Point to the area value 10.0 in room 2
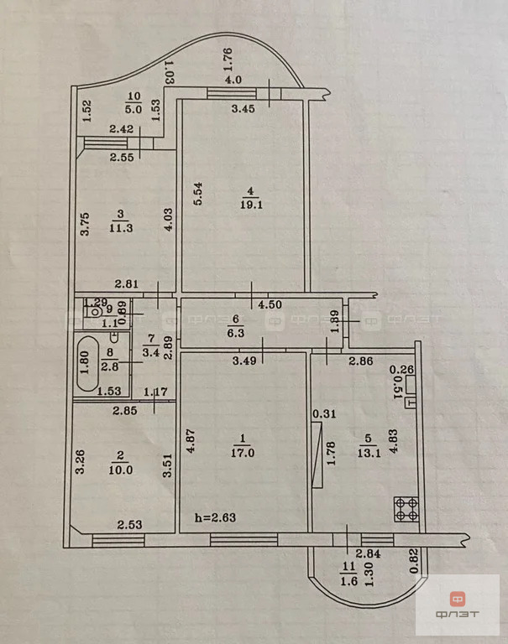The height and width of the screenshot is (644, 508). pyautogui.click(x=123, y=470)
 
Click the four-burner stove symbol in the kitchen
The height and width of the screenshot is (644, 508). pyautogui.click(x=407, y=508)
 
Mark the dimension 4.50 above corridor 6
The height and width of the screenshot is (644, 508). pyautogui.click(x=269, y=304)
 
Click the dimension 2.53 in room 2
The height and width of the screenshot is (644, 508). pyautogui.click(x=129, y=525)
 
